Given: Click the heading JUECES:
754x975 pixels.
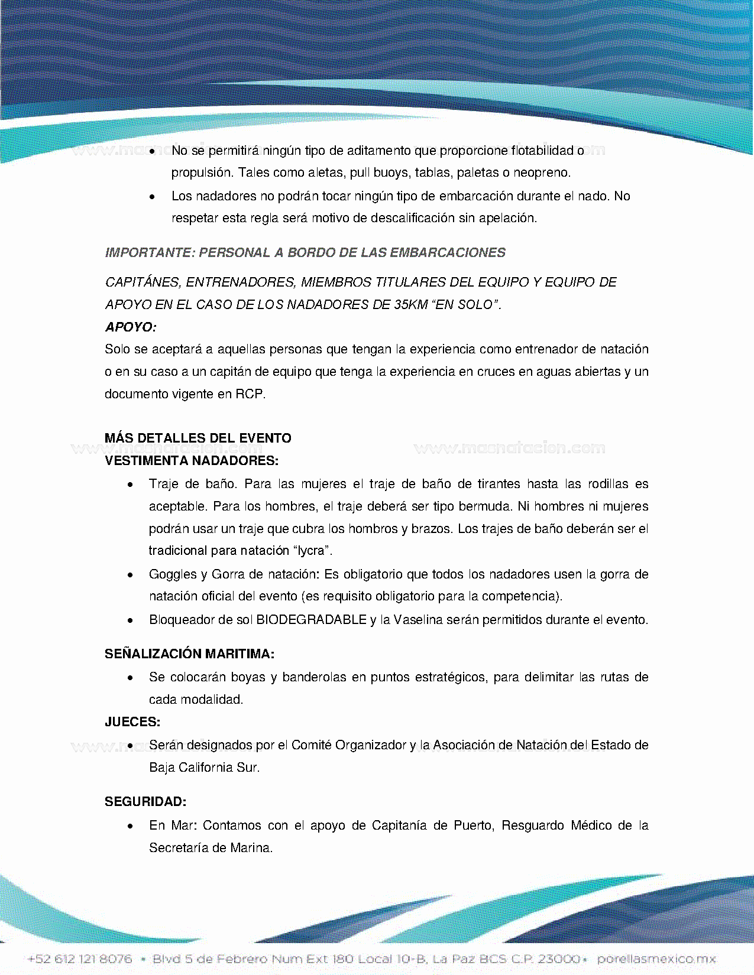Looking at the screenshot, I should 132,722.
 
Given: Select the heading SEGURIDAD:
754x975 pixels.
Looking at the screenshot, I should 145,802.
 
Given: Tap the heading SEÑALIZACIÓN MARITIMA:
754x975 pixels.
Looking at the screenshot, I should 189,654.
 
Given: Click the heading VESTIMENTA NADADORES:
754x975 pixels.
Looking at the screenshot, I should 192,461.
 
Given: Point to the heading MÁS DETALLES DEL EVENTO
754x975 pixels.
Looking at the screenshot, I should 198,438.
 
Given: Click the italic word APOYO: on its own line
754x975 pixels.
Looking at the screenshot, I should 131,327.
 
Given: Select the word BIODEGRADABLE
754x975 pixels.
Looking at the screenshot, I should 311,620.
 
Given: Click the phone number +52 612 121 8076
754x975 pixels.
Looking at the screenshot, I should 80,958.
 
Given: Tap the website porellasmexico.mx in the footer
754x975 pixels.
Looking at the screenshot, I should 656,958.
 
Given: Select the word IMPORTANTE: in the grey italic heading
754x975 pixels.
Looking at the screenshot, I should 150,253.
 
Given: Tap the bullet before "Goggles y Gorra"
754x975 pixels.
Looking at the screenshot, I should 131,575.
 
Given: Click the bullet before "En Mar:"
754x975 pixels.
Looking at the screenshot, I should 131,826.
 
